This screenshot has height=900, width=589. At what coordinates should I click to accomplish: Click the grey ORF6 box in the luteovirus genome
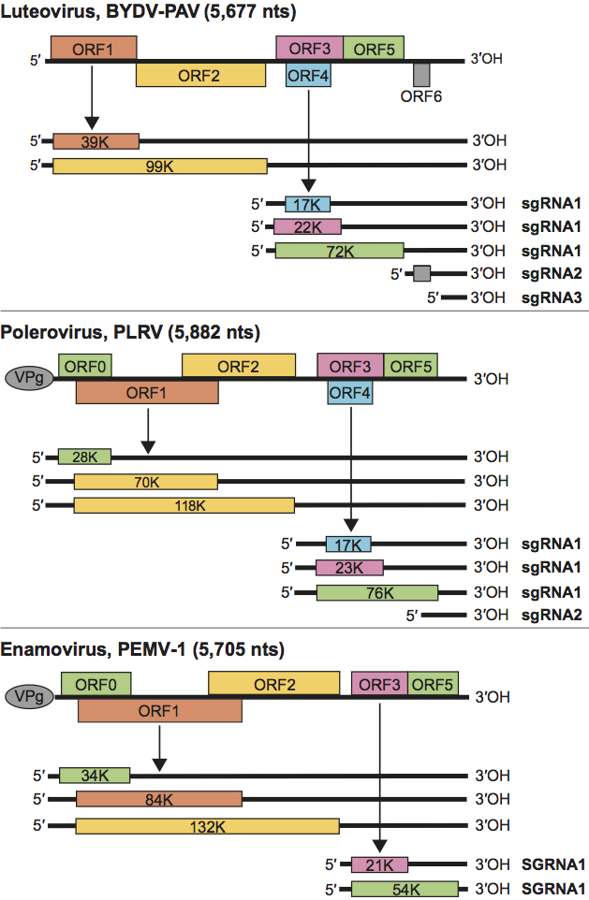(x=421, y=73)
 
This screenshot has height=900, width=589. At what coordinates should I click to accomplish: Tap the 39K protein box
(x=96, y=141)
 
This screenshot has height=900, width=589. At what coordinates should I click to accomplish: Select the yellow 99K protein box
(x=159, y=167)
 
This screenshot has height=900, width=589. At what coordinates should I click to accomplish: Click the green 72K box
(x=339, y=251)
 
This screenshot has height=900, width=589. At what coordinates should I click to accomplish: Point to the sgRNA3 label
(x=556, y=298)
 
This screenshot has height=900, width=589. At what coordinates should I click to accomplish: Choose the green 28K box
(x=84, y=457)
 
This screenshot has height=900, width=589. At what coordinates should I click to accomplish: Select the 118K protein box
(x=184, y=506)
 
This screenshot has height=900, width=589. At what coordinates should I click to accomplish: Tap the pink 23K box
(x=349, y=568)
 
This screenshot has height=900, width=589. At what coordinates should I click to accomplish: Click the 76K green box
(x=376, y=592)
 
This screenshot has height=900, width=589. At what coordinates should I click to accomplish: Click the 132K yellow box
(x=207, y=826)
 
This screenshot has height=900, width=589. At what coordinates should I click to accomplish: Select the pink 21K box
(x=379, y=864)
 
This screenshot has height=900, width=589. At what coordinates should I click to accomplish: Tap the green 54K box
(x=405, y=889)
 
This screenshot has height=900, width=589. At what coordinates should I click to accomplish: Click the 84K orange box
(x=158, y=800)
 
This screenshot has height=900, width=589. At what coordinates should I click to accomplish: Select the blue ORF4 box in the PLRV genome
(x=349, y=393)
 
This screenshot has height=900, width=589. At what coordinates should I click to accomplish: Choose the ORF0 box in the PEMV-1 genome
(x=96, y=684)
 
